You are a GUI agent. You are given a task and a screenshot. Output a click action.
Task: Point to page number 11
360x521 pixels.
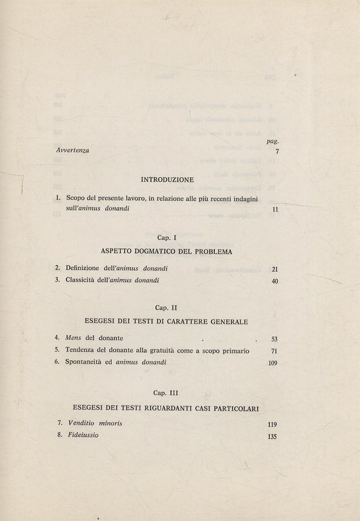coord(275,211)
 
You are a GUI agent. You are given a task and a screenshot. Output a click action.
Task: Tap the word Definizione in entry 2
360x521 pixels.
coord(85,269)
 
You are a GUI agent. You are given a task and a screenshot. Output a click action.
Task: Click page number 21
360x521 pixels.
coord(275,269)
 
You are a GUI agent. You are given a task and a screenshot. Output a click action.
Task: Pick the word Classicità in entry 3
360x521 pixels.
coord(83,281)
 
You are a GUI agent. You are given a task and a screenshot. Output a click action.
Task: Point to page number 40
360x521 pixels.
coord(275,281)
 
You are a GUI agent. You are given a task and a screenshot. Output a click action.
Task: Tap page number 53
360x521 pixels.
coord(274,338)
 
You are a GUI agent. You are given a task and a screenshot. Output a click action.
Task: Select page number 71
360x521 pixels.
coord(274,351)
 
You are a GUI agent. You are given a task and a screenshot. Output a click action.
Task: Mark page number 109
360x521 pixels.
coord(272,363)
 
